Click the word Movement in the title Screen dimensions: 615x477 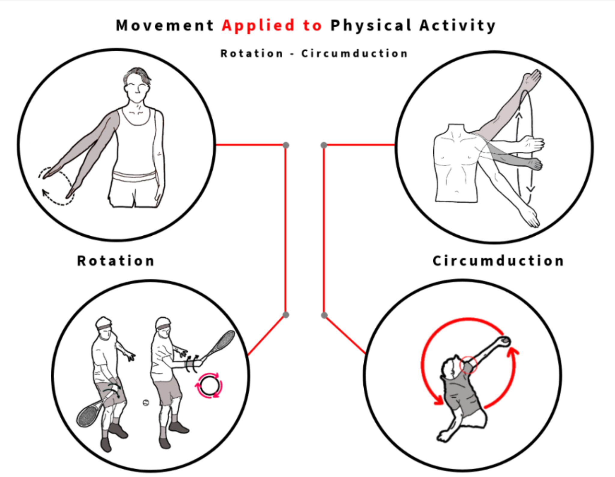[x=165, y=25]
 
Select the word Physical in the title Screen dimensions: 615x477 [x=371, y=26]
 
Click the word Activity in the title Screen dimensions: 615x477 [x=457, y=26]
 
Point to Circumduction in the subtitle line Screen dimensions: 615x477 [x=354, y=54]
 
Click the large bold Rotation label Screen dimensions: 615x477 [x=116, y=261]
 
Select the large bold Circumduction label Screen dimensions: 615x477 [x=498, y=261]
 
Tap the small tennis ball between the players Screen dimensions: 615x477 [x=146, y=402]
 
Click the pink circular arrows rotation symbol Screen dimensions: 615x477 [x=209, y=386]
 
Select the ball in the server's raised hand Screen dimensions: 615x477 [x=504, y=341]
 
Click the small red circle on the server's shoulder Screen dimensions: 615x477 [x=468, y=365]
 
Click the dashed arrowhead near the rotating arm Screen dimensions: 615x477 [x=45, y=193]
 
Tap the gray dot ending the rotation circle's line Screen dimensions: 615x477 [x=286, y=145]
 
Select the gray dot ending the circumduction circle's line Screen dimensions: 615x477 [x=324, y=145]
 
